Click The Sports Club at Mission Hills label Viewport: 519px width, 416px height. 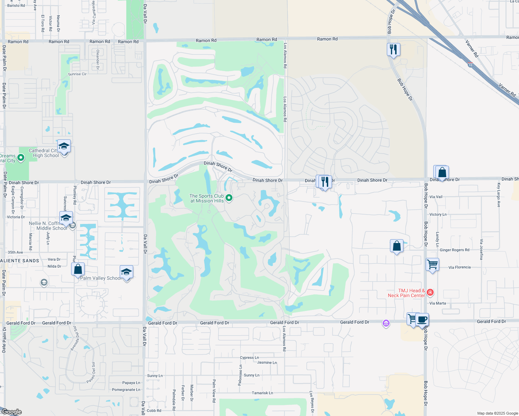coord(207,198)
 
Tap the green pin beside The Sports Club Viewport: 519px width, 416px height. coord(229,198)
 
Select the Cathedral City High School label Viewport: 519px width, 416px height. coord(44,153)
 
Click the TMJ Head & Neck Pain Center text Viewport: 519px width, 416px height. coord(407,293)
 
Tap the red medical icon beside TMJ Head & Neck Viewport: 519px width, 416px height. coord(430,293)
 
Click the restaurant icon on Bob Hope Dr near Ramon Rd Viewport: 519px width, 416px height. coord(393,50)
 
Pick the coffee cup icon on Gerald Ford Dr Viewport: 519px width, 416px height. coord(422,319)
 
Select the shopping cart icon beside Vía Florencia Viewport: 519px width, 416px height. coord(432,265)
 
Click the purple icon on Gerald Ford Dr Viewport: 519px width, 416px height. coord(386,323)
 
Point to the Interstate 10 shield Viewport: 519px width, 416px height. coord(470,64)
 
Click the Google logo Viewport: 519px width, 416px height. coord(12,412)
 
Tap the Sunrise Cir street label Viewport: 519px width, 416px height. coord(77,74)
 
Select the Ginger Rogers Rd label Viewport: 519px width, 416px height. coord(454,250)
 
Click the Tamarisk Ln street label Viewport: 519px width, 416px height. coord(262,393)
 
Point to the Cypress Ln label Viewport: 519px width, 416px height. coord(249,357)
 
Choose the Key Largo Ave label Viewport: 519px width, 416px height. coord(499,195)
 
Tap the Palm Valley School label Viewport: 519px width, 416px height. coord(101,278)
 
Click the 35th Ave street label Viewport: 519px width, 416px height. coord(15,252)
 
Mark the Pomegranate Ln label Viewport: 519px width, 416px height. coord(126,390)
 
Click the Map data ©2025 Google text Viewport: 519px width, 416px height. coord(497,413)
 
